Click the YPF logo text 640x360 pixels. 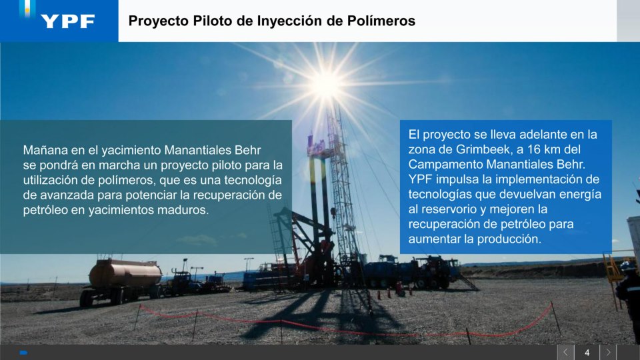click(68, 21)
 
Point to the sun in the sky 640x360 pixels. click(327, 85)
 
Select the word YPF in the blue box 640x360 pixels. click(421, 179)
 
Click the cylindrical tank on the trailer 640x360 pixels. click(125, 273)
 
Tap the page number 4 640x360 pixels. click(587, 353)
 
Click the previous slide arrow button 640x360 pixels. click(566, 352)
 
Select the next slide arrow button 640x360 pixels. click(608, 352)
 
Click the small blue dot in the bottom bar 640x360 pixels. click(23, 353)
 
